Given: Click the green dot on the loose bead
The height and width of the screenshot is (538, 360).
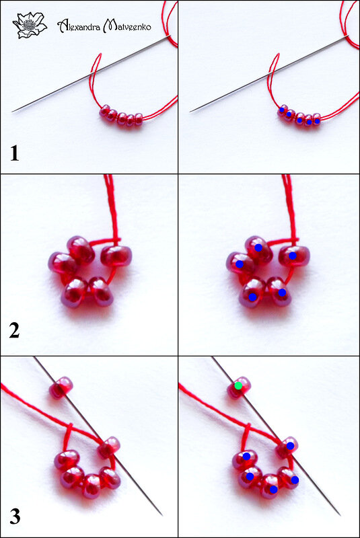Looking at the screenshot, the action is point(238,385).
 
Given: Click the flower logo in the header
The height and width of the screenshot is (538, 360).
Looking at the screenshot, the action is point(30,25).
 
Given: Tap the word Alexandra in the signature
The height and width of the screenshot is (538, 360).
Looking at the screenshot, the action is point(79,26).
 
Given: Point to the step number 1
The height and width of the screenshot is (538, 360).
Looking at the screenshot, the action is point(14,153).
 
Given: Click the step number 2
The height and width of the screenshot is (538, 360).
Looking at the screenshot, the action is point(14,331).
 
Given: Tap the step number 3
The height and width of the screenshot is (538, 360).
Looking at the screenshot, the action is point(15,516).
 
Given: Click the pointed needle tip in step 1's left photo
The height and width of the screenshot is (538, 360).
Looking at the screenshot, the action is point(12,111).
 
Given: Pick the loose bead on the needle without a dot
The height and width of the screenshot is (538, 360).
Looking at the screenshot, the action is point(61,387).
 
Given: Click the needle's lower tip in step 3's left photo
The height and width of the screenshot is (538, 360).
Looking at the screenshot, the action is point(161,515).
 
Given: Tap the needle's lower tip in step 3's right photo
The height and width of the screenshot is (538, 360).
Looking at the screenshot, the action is point(340,514).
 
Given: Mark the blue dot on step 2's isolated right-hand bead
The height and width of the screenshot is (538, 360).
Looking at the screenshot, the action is point(293,256).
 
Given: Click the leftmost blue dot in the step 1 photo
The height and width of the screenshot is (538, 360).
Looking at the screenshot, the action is point(282,110).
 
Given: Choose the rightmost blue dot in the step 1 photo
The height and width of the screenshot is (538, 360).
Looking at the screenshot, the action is point(317,121).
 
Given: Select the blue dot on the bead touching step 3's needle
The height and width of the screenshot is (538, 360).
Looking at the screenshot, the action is point(290,446).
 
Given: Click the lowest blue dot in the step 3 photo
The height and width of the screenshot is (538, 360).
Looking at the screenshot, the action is point(273,490).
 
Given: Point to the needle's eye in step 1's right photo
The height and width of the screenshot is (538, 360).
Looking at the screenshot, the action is point(347,36).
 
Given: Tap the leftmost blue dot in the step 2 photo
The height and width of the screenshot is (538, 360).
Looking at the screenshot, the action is point(240,264).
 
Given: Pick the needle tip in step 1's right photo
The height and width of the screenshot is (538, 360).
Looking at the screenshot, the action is point(190,111).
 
